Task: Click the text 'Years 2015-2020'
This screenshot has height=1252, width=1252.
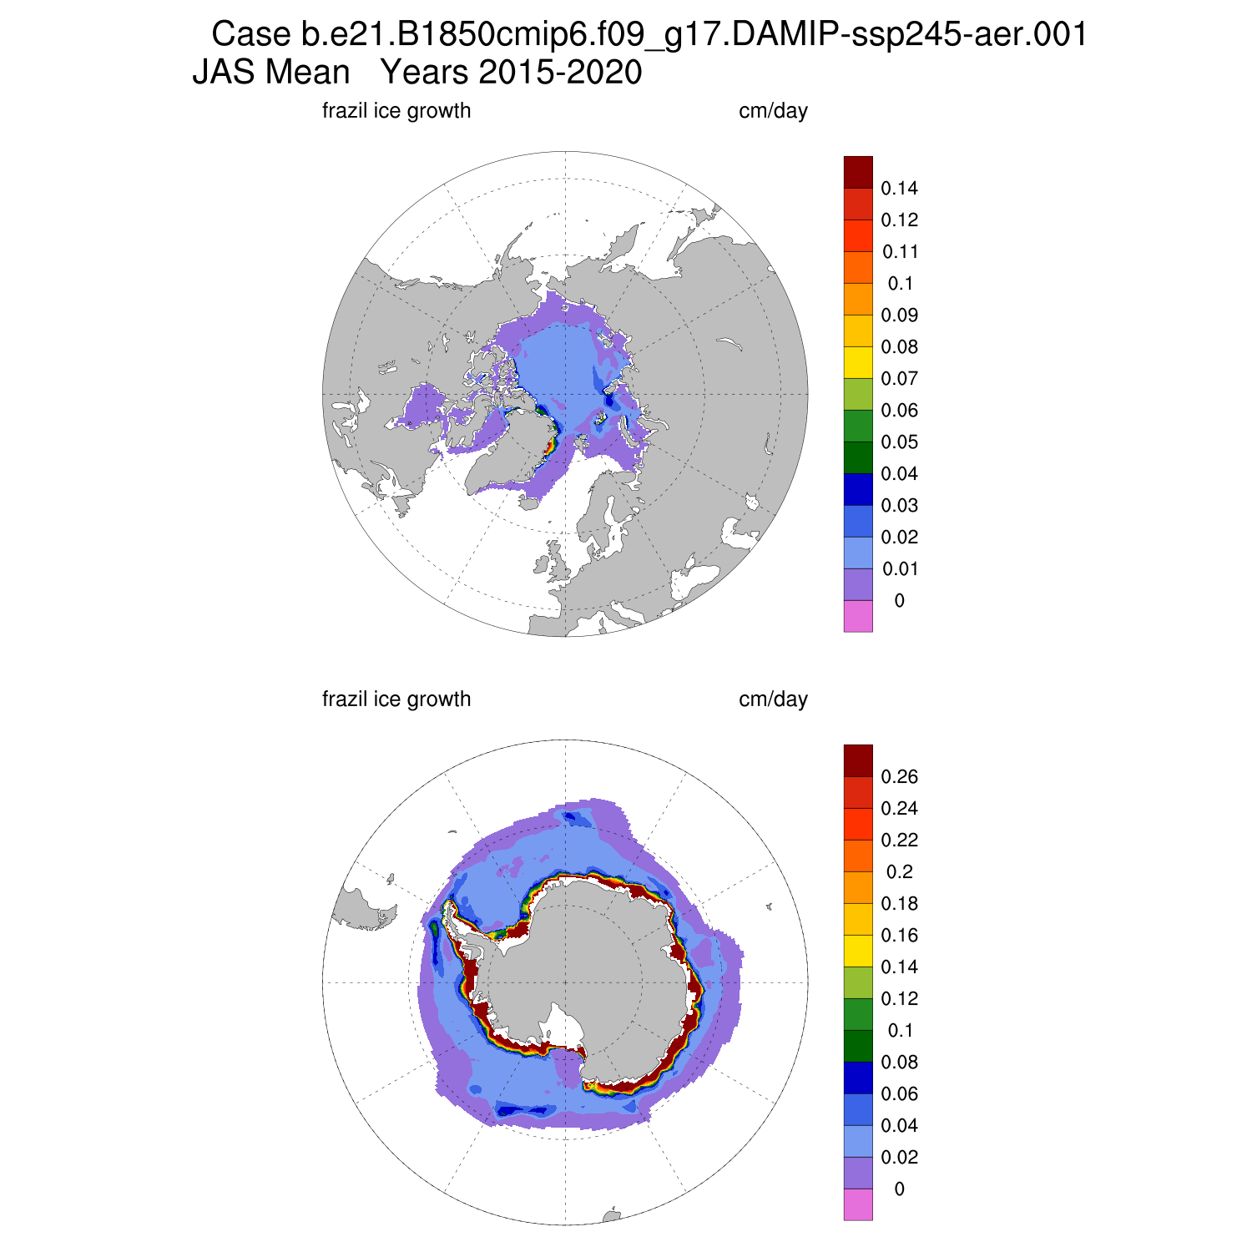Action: click(511, 73)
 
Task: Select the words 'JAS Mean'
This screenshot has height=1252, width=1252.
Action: click(271, 73)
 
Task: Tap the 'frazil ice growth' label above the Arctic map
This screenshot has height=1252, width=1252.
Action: click(396, 111)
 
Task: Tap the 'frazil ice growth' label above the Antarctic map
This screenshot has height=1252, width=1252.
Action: click(396, 699)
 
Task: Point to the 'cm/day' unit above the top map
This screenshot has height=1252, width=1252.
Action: click(773, 111)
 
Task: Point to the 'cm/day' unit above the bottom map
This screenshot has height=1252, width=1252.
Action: click(773, 699)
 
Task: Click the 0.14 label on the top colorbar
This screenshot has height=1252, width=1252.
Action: click(899, 189)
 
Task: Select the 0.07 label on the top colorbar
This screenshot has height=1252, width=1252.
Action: click(899, 379)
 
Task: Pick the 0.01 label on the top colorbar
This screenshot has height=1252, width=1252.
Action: click(899, 569)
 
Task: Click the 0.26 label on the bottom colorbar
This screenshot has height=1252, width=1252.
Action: click(899, 777)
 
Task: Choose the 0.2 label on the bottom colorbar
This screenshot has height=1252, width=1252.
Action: click(899, 872)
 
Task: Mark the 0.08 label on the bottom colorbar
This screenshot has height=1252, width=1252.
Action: click(899, 1063)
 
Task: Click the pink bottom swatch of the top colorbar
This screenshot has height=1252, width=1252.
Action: click(858, 616)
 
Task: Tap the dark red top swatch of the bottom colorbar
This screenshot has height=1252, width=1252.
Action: click(858, 760)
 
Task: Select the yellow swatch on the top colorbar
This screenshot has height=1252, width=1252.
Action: click(858, 362)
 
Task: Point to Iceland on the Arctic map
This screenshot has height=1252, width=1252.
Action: click(528, 503)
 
